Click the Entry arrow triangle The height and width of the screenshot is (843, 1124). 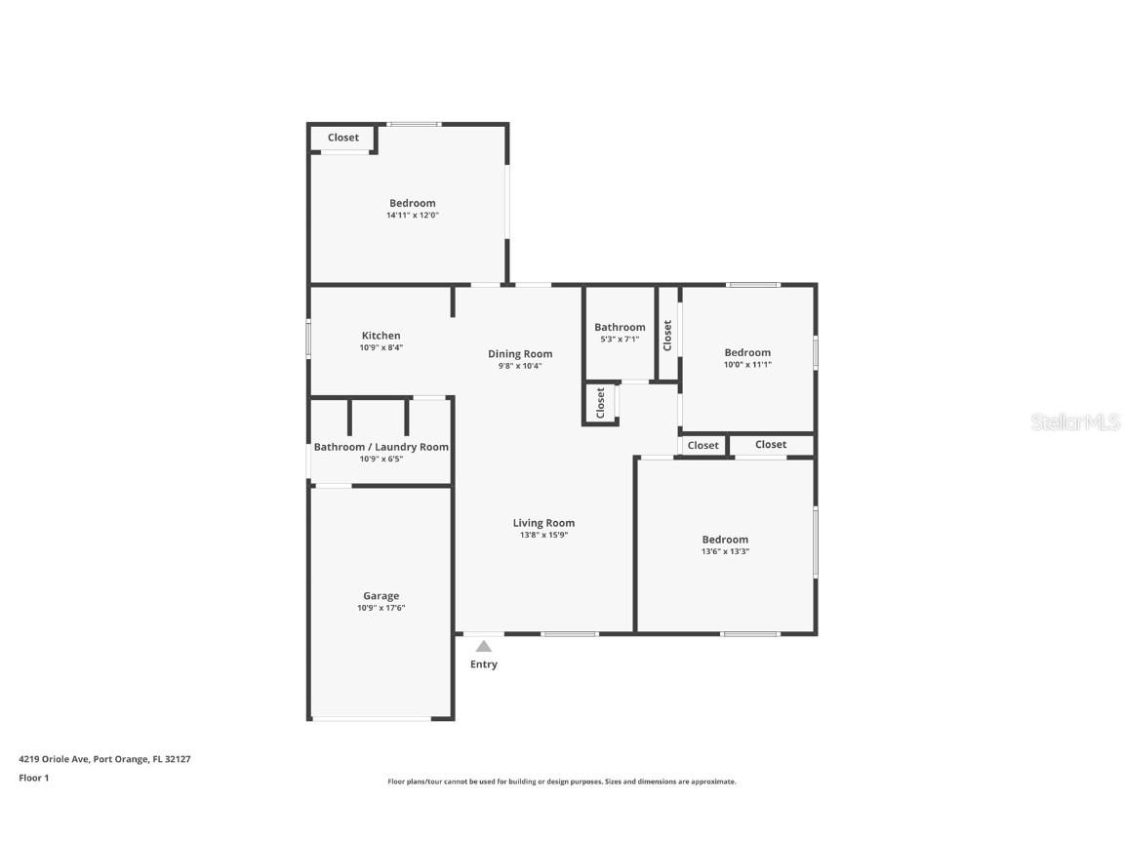click(x=484, y=646)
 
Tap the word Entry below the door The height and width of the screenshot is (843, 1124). click(x=484, y=664)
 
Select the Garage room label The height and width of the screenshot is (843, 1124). click(x=381, y=596)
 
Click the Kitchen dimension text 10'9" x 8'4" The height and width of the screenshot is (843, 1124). click(x=381, y=347)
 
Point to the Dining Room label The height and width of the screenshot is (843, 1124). click(x=520, y=354)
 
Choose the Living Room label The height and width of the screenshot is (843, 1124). click(x=543, y=523)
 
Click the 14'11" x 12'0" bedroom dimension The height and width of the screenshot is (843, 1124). click(x=412, y=216)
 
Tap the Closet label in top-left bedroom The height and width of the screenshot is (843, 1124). click(x=342, y=138)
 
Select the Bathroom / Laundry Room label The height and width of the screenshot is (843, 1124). click(x=381, y=447)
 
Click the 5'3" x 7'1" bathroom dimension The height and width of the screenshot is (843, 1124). click(x=620, y=340)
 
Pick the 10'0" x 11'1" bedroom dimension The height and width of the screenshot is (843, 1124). click(x=747, y=365)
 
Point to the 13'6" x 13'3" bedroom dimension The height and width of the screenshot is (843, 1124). click(x=725, y=551)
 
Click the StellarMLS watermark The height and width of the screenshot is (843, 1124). click(x=1077, y=422)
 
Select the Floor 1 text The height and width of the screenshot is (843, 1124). click(x=33, y=778)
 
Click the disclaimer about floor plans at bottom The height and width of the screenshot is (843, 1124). click(x=562, y=782)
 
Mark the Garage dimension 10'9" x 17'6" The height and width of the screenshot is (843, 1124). click(x=381, y=608)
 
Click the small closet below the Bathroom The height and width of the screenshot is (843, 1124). click(x=601, y=403)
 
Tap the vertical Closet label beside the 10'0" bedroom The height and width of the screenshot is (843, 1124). click(x=667, y=335)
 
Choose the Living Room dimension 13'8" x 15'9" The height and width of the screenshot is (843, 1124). click(x=543, y=535)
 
